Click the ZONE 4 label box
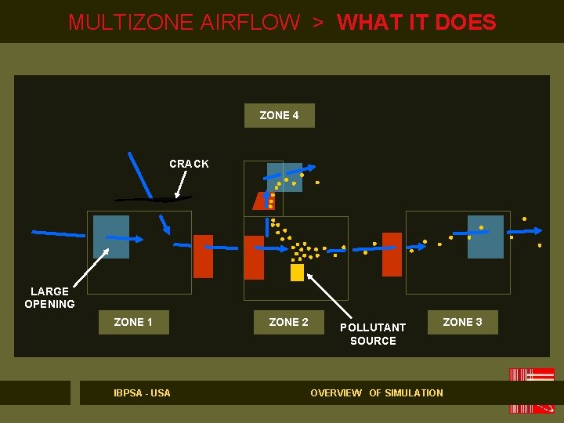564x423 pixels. point(279,116)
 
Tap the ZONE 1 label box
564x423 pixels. point(133,322)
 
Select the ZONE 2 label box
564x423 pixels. point(288,322)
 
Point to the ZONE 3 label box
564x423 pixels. point(462,322)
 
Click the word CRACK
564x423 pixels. point(189,164)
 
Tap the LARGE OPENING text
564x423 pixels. point(49,298)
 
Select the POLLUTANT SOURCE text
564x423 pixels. point(373,334)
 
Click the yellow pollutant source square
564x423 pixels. point(297,272)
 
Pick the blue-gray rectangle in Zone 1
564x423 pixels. point(111,237)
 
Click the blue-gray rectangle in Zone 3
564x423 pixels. point(485,237)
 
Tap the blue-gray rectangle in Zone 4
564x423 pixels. point(284,176)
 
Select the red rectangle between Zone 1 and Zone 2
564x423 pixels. point(203,255)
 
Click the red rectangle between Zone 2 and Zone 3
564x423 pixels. point(392,254)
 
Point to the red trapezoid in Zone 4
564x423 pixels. point(262,201)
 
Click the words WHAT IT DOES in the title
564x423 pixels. point(416,22)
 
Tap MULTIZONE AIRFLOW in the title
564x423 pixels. point(184,22)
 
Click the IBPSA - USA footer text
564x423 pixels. point(142,392)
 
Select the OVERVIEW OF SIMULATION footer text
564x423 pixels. point(377,392)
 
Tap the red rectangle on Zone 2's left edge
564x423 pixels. point(254,257)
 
